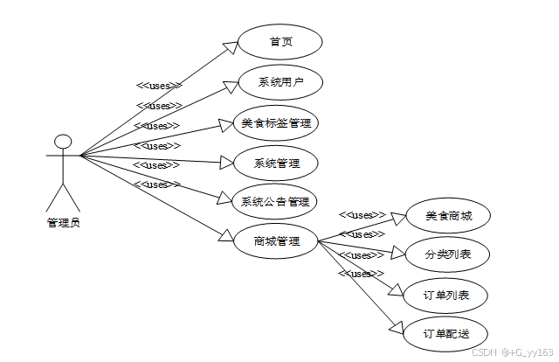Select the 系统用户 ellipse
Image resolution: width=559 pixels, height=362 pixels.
click(279, 83)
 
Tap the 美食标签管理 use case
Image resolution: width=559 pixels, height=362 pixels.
click(276, 123)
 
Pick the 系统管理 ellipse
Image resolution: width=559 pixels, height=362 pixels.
click(276, 163)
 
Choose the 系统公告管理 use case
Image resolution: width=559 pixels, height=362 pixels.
click(275, 202)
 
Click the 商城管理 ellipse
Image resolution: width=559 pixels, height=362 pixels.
click(276, 240)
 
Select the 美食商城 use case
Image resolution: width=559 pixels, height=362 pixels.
click(447, 216)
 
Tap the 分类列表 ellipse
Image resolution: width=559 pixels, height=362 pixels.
click(447, 254)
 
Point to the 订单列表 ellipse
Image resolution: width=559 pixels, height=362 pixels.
click(447, 295)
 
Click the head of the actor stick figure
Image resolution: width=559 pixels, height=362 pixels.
click(62, 142)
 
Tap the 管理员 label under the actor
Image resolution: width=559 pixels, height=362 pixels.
click(63, 223)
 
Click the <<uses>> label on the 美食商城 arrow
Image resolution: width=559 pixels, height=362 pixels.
click(362, 214)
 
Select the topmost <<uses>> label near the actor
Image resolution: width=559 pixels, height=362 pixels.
click(158, 86)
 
